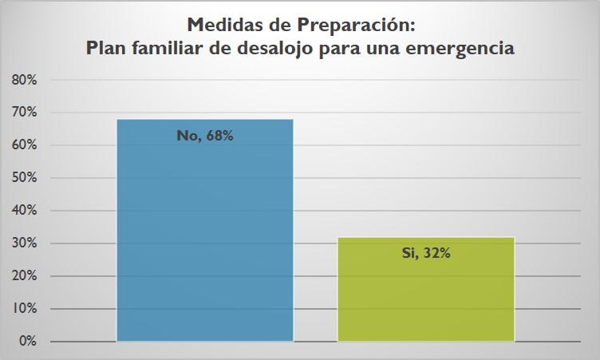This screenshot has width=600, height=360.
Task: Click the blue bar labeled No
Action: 205,239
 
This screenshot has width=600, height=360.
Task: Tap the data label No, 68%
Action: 205,136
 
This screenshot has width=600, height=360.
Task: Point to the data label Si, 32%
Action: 426,255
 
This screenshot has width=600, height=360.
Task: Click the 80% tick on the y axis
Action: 25,80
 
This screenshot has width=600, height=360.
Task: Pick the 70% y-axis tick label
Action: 25,113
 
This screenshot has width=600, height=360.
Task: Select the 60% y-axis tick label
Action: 25,145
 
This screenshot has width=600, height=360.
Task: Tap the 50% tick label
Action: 25,178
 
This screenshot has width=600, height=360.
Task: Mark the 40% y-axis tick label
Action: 25,211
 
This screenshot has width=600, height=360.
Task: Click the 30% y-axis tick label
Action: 25,243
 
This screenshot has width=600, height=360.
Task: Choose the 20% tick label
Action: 25,276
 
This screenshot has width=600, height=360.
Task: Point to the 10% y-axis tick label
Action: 25,309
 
